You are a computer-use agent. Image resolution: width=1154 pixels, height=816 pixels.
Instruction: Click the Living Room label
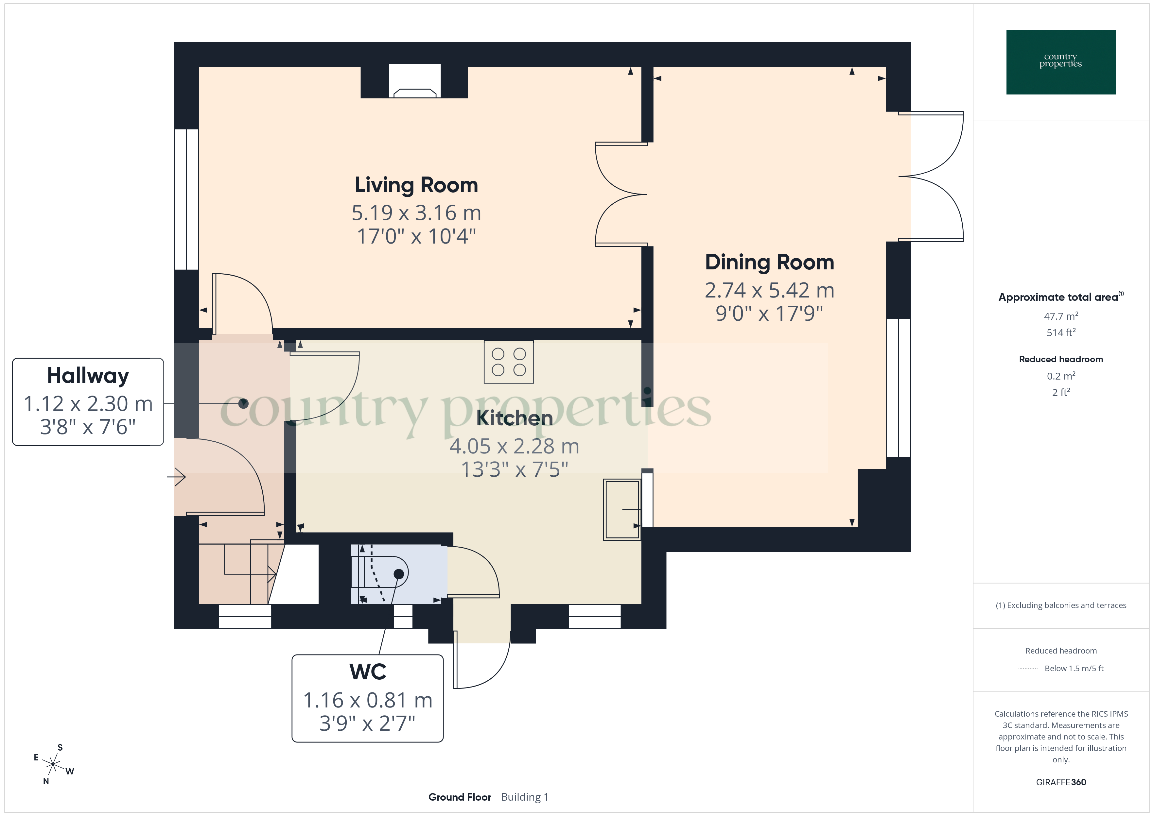click(416, 185)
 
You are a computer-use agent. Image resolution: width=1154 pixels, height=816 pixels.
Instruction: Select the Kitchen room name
click(514, 418)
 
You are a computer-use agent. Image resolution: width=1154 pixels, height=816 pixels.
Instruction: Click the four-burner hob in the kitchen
click(509, 362)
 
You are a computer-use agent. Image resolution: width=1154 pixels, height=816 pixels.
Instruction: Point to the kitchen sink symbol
click(622, 509)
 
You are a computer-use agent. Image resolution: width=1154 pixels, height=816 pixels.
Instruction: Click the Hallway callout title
click(88, 375)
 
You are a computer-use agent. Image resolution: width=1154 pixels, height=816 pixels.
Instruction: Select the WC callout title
click(367, 672)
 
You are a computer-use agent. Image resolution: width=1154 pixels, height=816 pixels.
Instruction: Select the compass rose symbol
click(53, 765)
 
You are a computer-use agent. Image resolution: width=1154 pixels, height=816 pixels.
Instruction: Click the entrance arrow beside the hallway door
click(177, 476)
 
